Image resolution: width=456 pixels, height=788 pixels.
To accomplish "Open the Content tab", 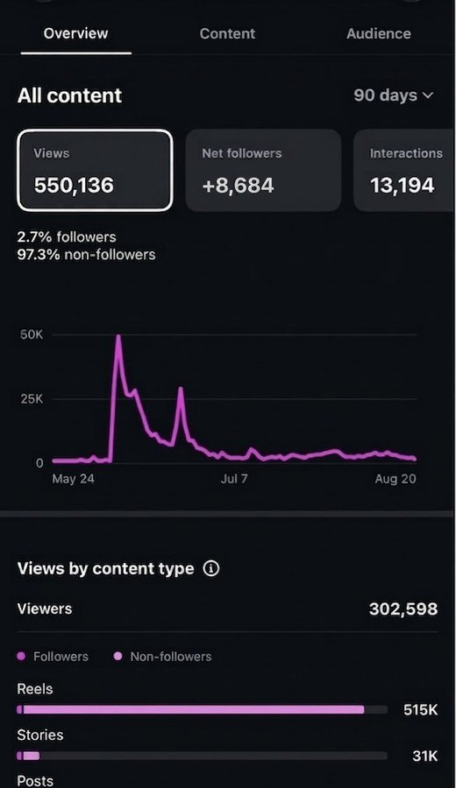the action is coord(227,33).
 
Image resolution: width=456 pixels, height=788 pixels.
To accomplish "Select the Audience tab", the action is coord(379,33).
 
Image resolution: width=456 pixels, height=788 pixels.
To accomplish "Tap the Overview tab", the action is coord(75,33).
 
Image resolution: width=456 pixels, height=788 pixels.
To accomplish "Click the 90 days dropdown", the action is coord(393,95).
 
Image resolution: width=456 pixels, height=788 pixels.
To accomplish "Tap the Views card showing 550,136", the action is coord(95,170).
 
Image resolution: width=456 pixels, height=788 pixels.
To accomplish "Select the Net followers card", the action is coord(263,170).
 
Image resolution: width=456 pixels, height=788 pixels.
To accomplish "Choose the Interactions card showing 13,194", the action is coord(404,170).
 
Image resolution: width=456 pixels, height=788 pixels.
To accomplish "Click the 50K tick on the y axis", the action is coord(32,334).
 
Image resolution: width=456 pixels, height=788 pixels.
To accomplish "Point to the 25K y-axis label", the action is coord(32,399).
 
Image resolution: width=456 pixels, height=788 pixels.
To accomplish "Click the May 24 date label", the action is coord(73,478).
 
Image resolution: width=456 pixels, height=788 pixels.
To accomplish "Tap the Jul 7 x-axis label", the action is coord(234,478).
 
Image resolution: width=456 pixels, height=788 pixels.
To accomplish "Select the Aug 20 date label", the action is coord(395,478).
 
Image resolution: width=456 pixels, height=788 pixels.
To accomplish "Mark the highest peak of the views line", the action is coord(118,335).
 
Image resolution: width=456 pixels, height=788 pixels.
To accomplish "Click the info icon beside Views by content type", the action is coord(210,568).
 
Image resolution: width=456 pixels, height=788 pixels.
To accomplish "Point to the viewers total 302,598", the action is coord(403,609).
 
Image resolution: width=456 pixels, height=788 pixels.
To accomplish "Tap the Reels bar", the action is coord(190,709).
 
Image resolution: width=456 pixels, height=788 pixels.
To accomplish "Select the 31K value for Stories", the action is coord(424,756).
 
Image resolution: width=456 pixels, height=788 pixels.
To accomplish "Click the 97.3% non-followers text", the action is coord(86,255).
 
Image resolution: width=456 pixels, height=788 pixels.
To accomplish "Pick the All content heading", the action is coord(69,95).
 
